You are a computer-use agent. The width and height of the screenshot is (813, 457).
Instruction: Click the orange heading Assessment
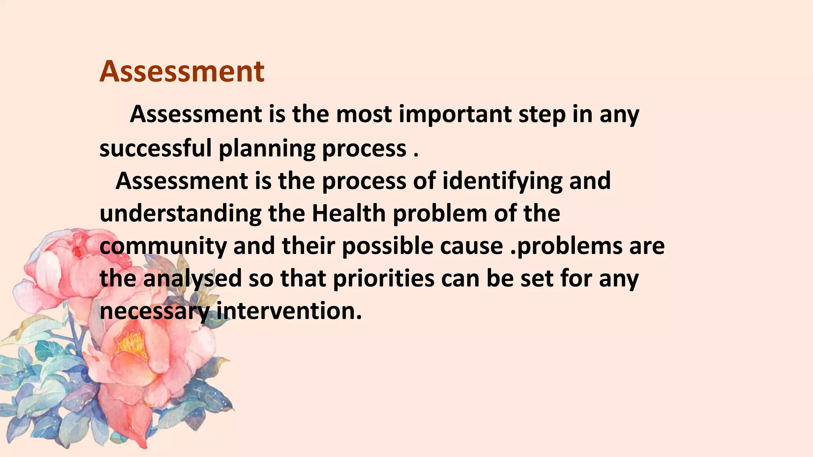point(182,72)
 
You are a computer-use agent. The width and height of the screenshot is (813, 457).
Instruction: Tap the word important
point(455,114)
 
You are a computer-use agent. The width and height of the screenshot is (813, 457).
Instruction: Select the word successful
point(155,148)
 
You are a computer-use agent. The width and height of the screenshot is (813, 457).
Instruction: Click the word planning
point(267,149)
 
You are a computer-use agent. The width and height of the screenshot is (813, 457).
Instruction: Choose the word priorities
point(383,278)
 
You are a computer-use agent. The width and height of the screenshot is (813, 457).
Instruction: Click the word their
point(308,246)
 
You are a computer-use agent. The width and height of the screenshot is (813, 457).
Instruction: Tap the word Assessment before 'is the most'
point(196,114)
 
